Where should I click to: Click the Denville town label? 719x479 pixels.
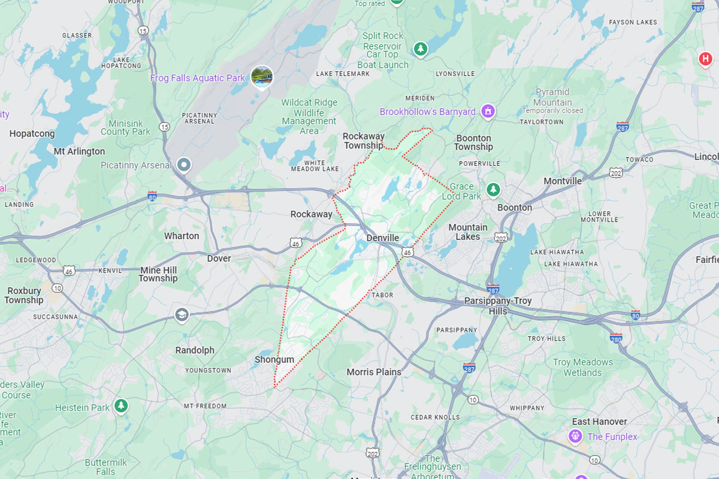pyautogui.click(x=382, y=238)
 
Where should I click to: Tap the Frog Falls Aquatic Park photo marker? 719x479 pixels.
pyautogui.click(x=262, y=76)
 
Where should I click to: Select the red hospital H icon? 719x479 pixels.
pyautogui.click(x=706, y=59)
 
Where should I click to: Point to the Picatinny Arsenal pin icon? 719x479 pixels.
pyautogui.click(x=185, y=164)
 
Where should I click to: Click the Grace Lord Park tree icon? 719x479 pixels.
pyautogui.click(x=493, y=190)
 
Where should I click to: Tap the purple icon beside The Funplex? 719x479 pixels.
pyautogui.click(x=576, y=436)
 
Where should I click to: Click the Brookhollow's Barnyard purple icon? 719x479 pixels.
pyautogui.click(x=488, y=111)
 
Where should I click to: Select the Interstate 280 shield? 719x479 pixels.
pyautogui.click(x=616, y=338)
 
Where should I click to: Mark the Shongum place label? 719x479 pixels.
pyautogui.click(x=274, y=360)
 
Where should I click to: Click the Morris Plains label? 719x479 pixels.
pyautogui.click(x=374, y=372)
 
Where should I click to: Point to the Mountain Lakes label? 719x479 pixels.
pyautogui.click(x=468, y=232)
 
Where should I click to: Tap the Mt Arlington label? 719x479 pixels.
pyautogui.click(x=79, y=151)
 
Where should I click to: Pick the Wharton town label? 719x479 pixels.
pyautogui.click(x=182, y=236)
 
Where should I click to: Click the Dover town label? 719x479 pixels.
pyautogui.click(x=219, y=259)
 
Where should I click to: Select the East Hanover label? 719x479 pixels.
pyautogui.click(x=599, y=422)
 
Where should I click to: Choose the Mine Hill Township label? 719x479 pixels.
pyautogui.click(x=158, y=274)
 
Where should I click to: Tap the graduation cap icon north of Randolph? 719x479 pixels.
pyautogui.click(x=181, y=314)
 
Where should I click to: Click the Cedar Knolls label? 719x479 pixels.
pyautogui.click(x=435, y=417)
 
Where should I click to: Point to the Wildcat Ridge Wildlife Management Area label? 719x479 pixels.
pyautogui.click(x=309, y=117)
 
